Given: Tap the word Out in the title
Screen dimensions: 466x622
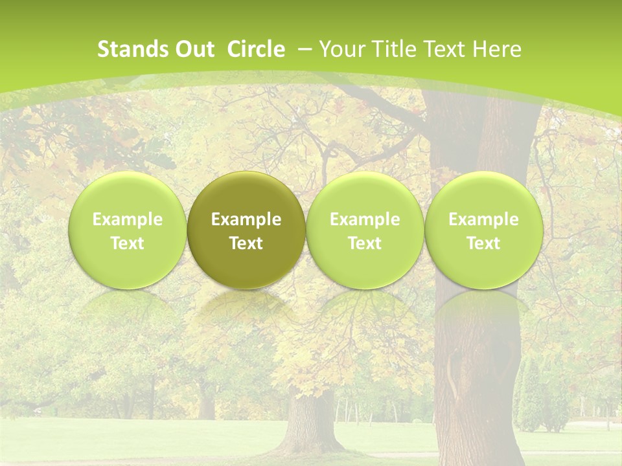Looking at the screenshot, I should [x=192, y=49].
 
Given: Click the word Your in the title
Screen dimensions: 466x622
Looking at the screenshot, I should [x=340, y=49].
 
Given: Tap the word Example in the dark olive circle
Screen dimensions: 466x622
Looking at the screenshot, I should [x=246, y=219].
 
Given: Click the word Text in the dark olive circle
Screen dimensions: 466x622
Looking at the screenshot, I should [x=246, y=243].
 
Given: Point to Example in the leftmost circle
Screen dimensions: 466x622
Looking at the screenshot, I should [x=128, y=219].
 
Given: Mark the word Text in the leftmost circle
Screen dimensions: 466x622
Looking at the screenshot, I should [x=128, y=243].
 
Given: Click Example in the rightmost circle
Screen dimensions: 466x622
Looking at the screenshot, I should [x=483, y=219].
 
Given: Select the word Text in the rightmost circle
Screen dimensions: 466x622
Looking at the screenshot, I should [x=483, y=243].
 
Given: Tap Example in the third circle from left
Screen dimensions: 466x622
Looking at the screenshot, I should [x=365, y=219].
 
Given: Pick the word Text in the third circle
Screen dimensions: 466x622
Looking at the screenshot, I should [x=365, y=243].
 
